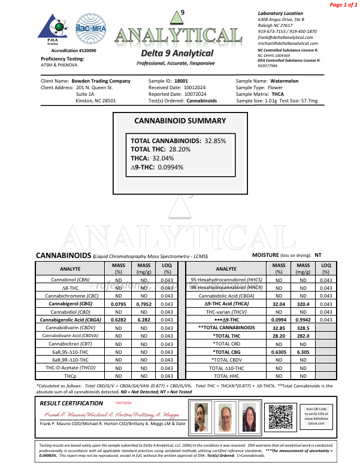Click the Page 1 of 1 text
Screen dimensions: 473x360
click(x=342, y=5)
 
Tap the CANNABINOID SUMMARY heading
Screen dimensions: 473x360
click(x=180, y=121)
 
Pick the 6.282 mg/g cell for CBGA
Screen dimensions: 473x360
click(x=144, y=320)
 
